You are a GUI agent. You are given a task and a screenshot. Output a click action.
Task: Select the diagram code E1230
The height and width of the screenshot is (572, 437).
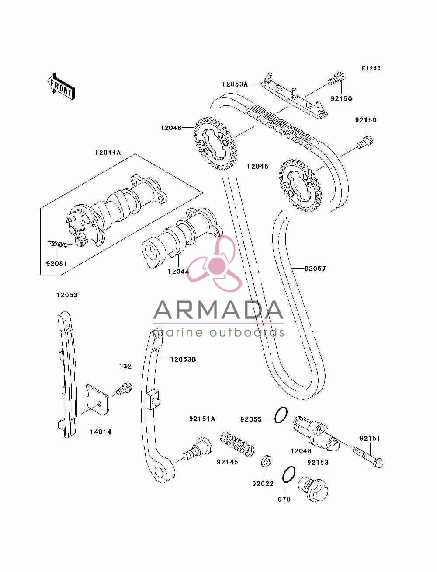[371, 68]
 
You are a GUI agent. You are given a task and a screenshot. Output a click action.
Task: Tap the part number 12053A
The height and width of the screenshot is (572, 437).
[235, 84]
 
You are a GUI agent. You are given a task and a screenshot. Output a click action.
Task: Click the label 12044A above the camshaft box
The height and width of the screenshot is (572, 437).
[108, 153]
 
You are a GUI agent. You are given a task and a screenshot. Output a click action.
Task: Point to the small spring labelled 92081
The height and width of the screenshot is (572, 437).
[60, 244]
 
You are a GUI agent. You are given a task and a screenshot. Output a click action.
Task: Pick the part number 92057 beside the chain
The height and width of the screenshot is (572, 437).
[315, 269]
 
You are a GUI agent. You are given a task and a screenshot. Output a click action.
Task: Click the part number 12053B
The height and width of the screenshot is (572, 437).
[183, 359]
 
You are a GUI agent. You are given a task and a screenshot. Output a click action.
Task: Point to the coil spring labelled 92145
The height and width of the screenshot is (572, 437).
[237, 444]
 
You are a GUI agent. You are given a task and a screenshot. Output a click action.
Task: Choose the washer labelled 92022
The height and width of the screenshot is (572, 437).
[266, 462]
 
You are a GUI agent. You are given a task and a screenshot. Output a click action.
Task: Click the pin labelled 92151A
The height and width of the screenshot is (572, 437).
[198, 448]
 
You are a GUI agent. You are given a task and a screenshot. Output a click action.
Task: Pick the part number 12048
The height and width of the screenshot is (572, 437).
[301, 451]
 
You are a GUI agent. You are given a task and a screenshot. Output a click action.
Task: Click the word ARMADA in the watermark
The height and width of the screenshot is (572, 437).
[218, 310]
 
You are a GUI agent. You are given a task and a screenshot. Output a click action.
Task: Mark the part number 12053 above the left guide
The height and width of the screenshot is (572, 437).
[67, 295]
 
